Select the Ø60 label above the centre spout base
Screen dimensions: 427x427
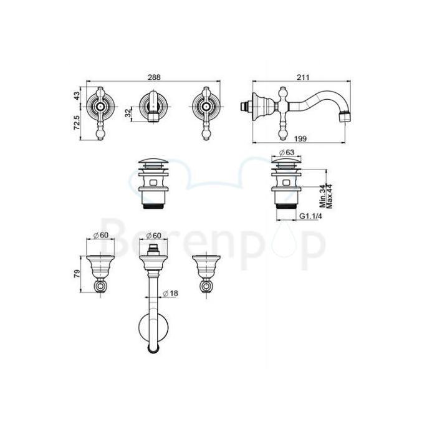click(153, 235)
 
